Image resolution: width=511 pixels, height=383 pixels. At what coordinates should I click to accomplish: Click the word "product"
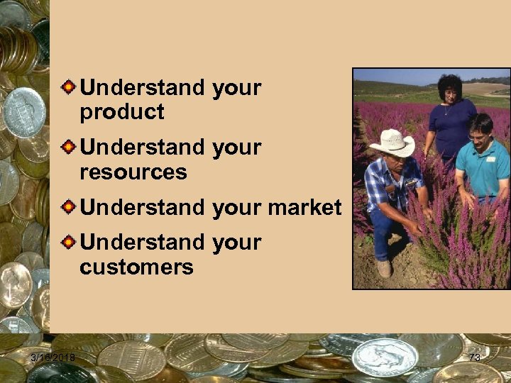tap(121, 112)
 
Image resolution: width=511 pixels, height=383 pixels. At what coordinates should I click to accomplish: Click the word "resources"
tap(133, 172)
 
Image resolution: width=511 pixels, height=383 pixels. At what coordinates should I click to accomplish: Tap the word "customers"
tap(136, 267)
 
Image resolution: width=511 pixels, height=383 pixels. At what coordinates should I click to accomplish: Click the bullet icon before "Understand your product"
tap(69, 88)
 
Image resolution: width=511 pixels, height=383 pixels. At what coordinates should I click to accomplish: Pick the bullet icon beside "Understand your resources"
tap(69, 148)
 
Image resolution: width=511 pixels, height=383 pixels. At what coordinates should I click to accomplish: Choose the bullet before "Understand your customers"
tap(69, 243)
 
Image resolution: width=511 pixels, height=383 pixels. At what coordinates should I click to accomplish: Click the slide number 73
tap(475, 357)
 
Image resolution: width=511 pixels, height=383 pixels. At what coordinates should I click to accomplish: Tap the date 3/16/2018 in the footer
tap(53, 357)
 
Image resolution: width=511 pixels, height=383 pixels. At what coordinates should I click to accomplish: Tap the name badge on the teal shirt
tap(490, 159)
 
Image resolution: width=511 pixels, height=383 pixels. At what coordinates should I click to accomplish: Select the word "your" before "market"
tap(236, 208)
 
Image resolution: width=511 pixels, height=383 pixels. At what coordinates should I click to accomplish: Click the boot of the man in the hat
tap(384, 268)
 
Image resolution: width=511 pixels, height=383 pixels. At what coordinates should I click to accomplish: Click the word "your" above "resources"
tap(236, 148)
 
